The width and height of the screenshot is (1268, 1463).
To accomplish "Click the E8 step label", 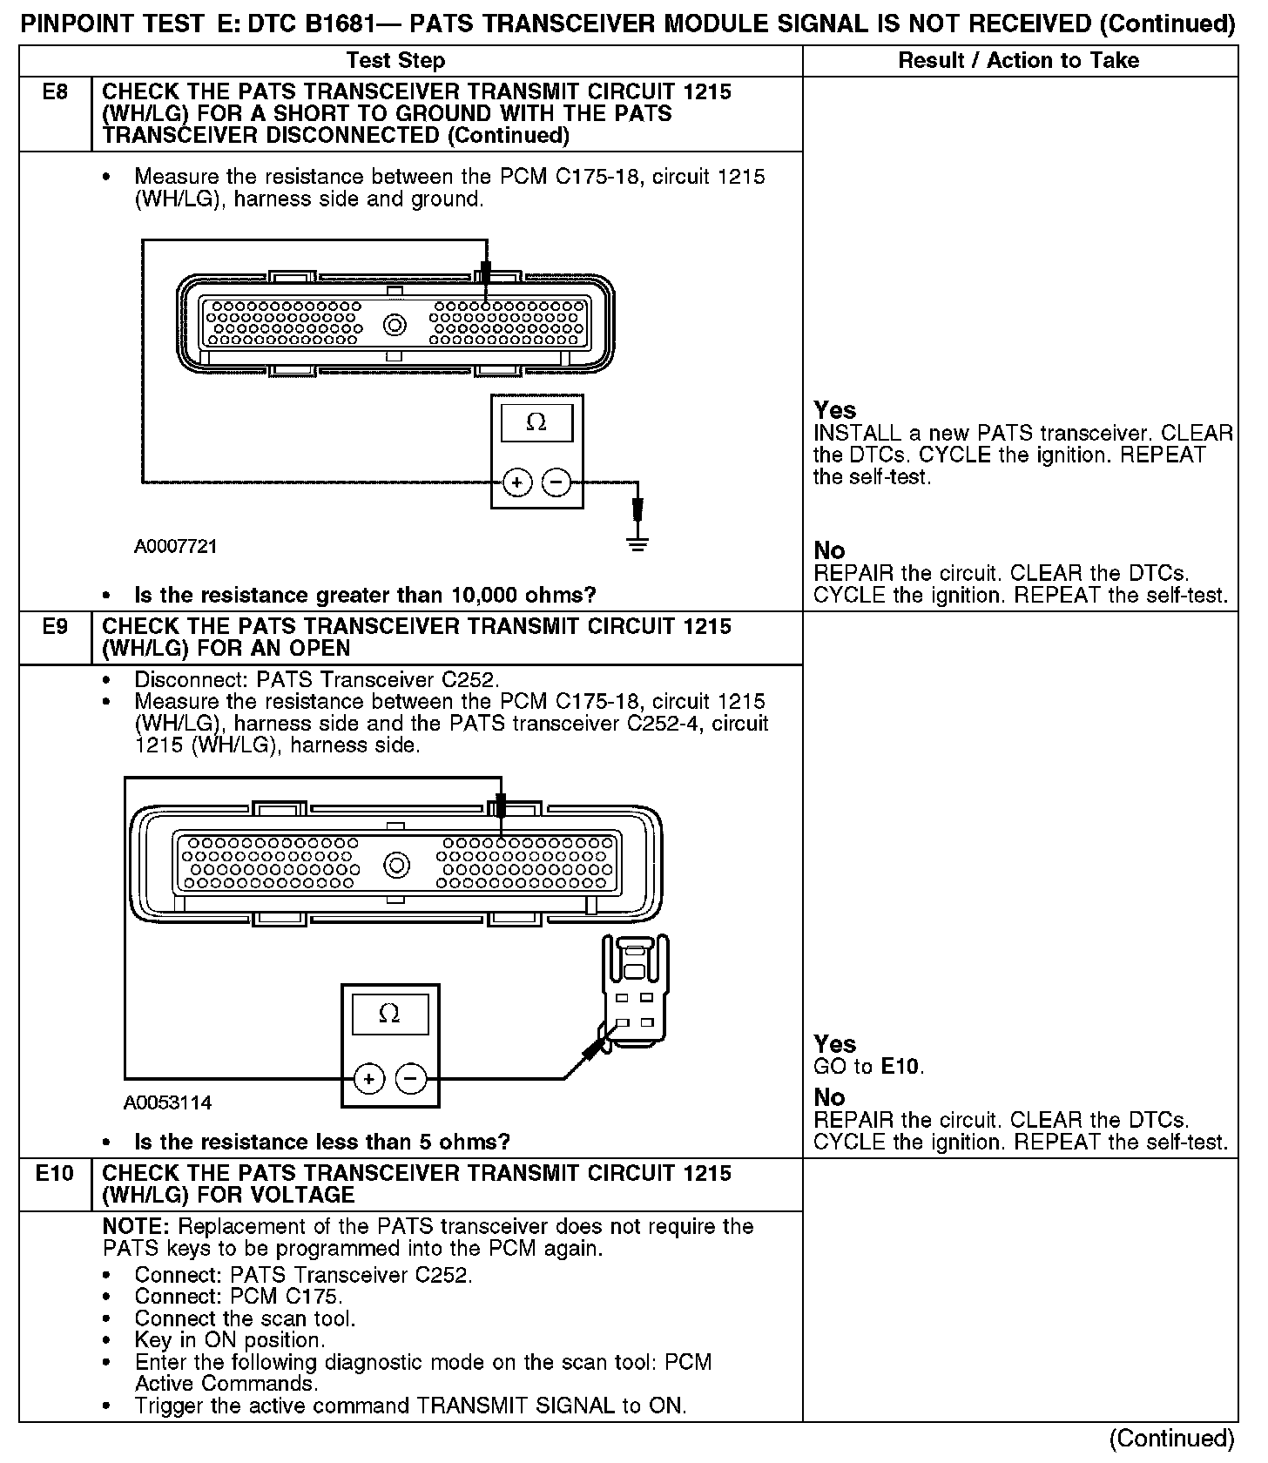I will pyautogui.click(x=55, y=92).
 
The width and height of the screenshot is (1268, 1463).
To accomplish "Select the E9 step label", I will pyautogui.click(x=55, y=627).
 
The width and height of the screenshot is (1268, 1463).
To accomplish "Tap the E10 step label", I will pyautogui.click(x=55, y=1174).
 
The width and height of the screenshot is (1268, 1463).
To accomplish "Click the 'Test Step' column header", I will pyautogui.click(x=395, y=60).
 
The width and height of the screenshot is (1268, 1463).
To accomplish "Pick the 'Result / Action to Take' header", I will pyautogui.click(x=1018, y=60).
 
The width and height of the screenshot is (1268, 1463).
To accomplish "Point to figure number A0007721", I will pyautogui.click(x=175, y=547).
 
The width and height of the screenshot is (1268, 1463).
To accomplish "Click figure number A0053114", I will pyautogui.click(x=167, y=1102).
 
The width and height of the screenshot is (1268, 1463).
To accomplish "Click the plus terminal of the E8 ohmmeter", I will pyautogui.click(x=516, y=482).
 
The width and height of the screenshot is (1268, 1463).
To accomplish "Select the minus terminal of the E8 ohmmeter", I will pyautogui.click(x=556, y=482).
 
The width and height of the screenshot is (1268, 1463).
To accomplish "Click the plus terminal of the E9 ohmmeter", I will pyautogui.click(x=369, y=1080).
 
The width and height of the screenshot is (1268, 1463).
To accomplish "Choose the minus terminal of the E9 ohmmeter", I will pyautogui.click(x=410, y=1080).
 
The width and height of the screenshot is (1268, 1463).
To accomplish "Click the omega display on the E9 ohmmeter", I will pyautogui.click(x=390, y=1014).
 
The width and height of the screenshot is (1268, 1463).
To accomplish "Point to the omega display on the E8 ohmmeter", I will pyautogui.click(x=536, y=423).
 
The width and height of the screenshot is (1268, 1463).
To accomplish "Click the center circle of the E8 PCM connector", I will pyautogui.click(x=395, y=325).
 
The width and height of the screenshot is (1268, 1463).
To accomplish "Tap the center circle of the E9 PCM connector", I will pyautogui.click(x=397, y=866).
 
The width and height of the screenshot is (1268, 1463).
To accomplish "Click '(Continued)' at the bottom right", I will pyautogui.click(x=1173, y=1437).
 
